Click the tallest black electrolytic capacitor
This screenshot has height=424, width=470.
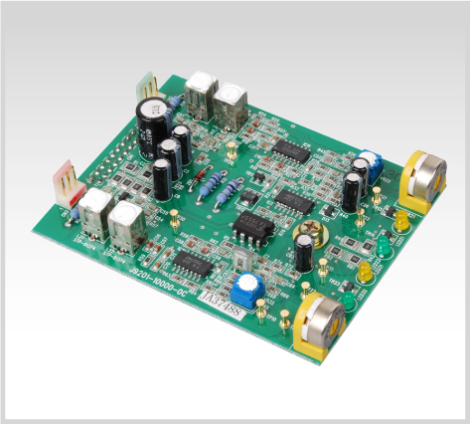coord(152,117)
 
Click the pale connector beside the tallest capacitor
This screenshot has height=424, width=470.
coord(146,85)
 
